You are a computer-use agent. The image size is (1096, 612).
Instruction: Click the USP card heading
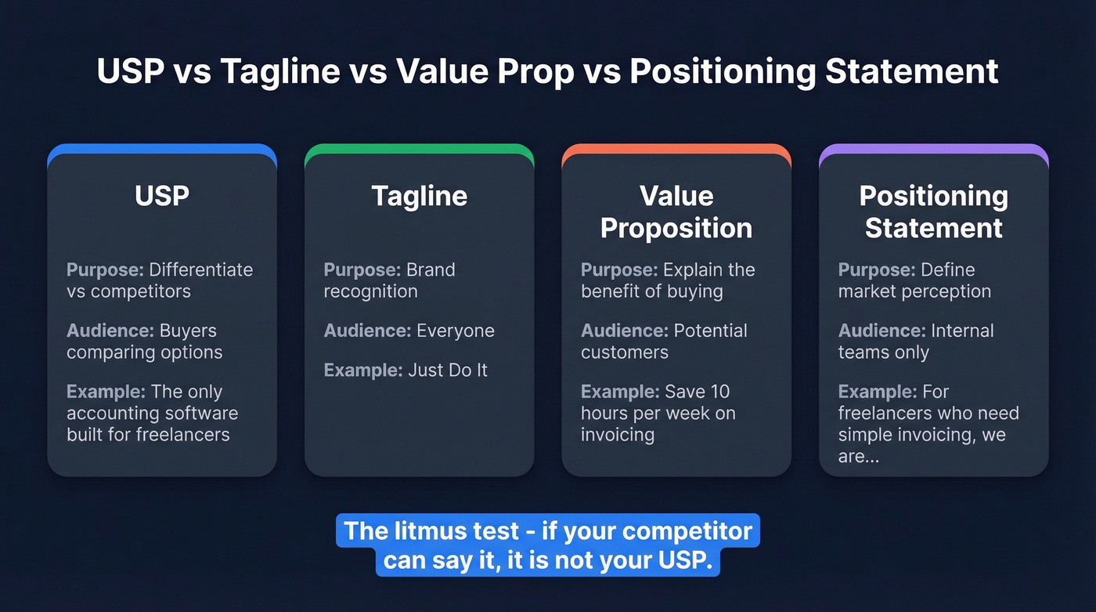point(162,196)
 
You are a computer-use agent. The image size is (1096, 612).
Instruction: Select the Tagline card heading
point(419,196)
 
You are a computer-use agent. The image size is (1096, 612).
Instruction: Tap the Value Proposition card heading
point(676,212)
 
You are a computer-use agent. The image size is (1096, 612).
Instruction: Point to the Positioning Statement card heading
point(933,212)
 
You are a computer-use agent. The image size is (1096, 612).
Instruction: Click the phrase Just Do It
point(447,370)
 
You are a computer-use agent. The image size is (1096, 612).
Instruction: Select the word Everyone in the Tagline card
point(456,331)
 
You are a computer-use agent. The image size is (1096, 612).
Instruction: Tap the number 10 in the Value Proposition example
point(719,392)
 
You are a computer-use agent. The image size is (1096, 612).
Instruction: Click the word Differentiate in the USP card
point(201,270)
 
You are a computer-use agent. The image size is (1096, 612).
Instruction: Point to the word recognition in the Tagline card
point(370,292)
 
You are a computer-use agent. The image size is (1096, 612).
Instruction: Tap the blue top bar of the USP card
point(162,148)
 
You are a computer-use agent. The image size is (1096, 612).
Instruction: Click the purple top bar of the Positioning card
point(933,148)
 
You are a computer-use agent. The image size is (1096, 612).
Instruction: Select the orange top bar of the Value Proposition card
point(676,148)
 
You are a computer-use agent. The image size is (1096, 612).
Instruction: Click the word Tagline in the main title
point(279,71)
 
